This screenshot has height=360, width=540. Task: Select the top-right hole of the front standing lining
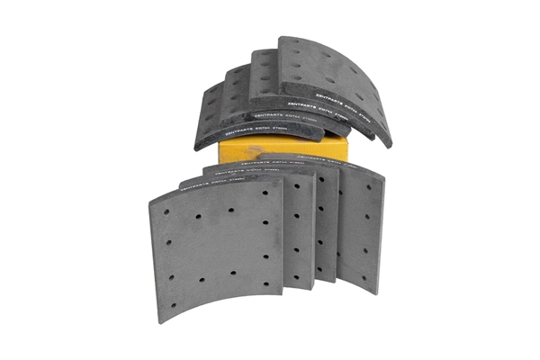tap(265, 192)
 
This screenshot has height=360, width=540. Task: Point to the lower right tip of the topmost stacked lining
tap(389, 145)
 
